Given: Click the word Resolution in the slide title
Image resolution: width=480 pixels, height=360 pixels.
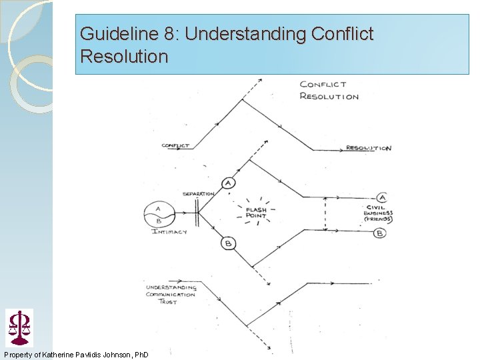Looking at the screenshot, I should pos(124,56).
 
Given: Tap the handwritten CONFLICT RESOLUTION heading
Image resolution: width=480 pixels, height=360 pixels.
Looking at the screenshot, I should pos(329,90).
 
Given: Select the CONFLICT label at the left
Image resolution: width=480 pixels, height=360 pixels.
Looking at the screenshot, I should pos(175,145).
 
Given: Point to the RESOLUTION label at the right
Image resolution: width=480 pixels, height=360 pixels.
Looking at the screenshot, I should pos(368,148).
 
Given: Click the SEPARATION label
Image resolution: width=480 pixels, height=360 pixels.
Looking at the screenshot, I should pos(198,194).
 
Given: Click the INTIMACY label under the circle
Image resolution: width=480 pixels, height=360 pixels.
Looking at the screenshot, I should pos(169,231).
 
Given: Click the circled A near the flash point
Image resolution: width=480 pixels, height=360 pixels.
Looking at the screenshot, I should pos(229,183).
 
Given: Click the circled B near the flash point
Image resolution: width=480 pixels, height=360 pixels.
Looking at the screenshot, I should pos(228,244).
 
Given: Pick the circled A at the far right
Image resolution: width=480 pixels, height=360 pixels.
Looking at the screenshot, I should pos(382,197).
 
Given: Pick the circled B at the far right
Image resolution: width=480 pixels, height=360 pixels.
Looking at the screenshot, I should pos(379,233).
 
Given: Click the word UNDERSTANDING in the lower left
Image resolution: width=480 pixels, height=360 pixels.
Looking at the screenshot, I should pos(171,288).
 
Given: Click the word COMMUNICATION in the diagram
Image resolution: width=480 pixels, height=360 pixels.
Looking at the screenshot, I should pos(171,295).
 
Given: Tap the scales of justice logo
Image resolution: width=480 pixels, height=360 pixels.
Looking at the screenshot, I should pos(19,327).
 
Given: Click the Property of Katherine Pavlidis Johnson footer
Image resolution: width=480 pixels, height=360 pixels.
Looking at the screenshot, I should pos(76,353).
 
